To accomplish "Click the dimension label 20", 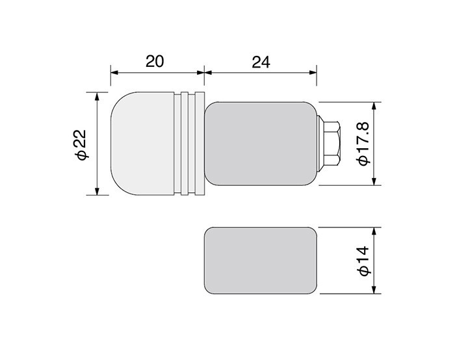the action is coord(155,61).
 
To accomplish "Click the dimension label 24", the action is coord(261,62).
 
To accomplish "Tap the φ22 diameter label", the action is coord(81,144).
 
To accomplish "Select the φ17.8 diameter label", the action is coord(363,144).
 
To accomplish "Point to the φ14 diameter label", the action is coord(363,261).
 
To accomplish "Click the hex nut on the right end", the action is coord(332,144).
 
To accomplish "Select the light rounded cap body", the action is coord(142,144).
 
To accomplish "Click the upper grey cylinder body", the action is coord(260,144).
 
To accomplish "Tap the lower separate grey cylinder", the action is coord(260,261).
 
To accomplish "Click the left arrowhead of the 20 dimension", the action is coord(114,73).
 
